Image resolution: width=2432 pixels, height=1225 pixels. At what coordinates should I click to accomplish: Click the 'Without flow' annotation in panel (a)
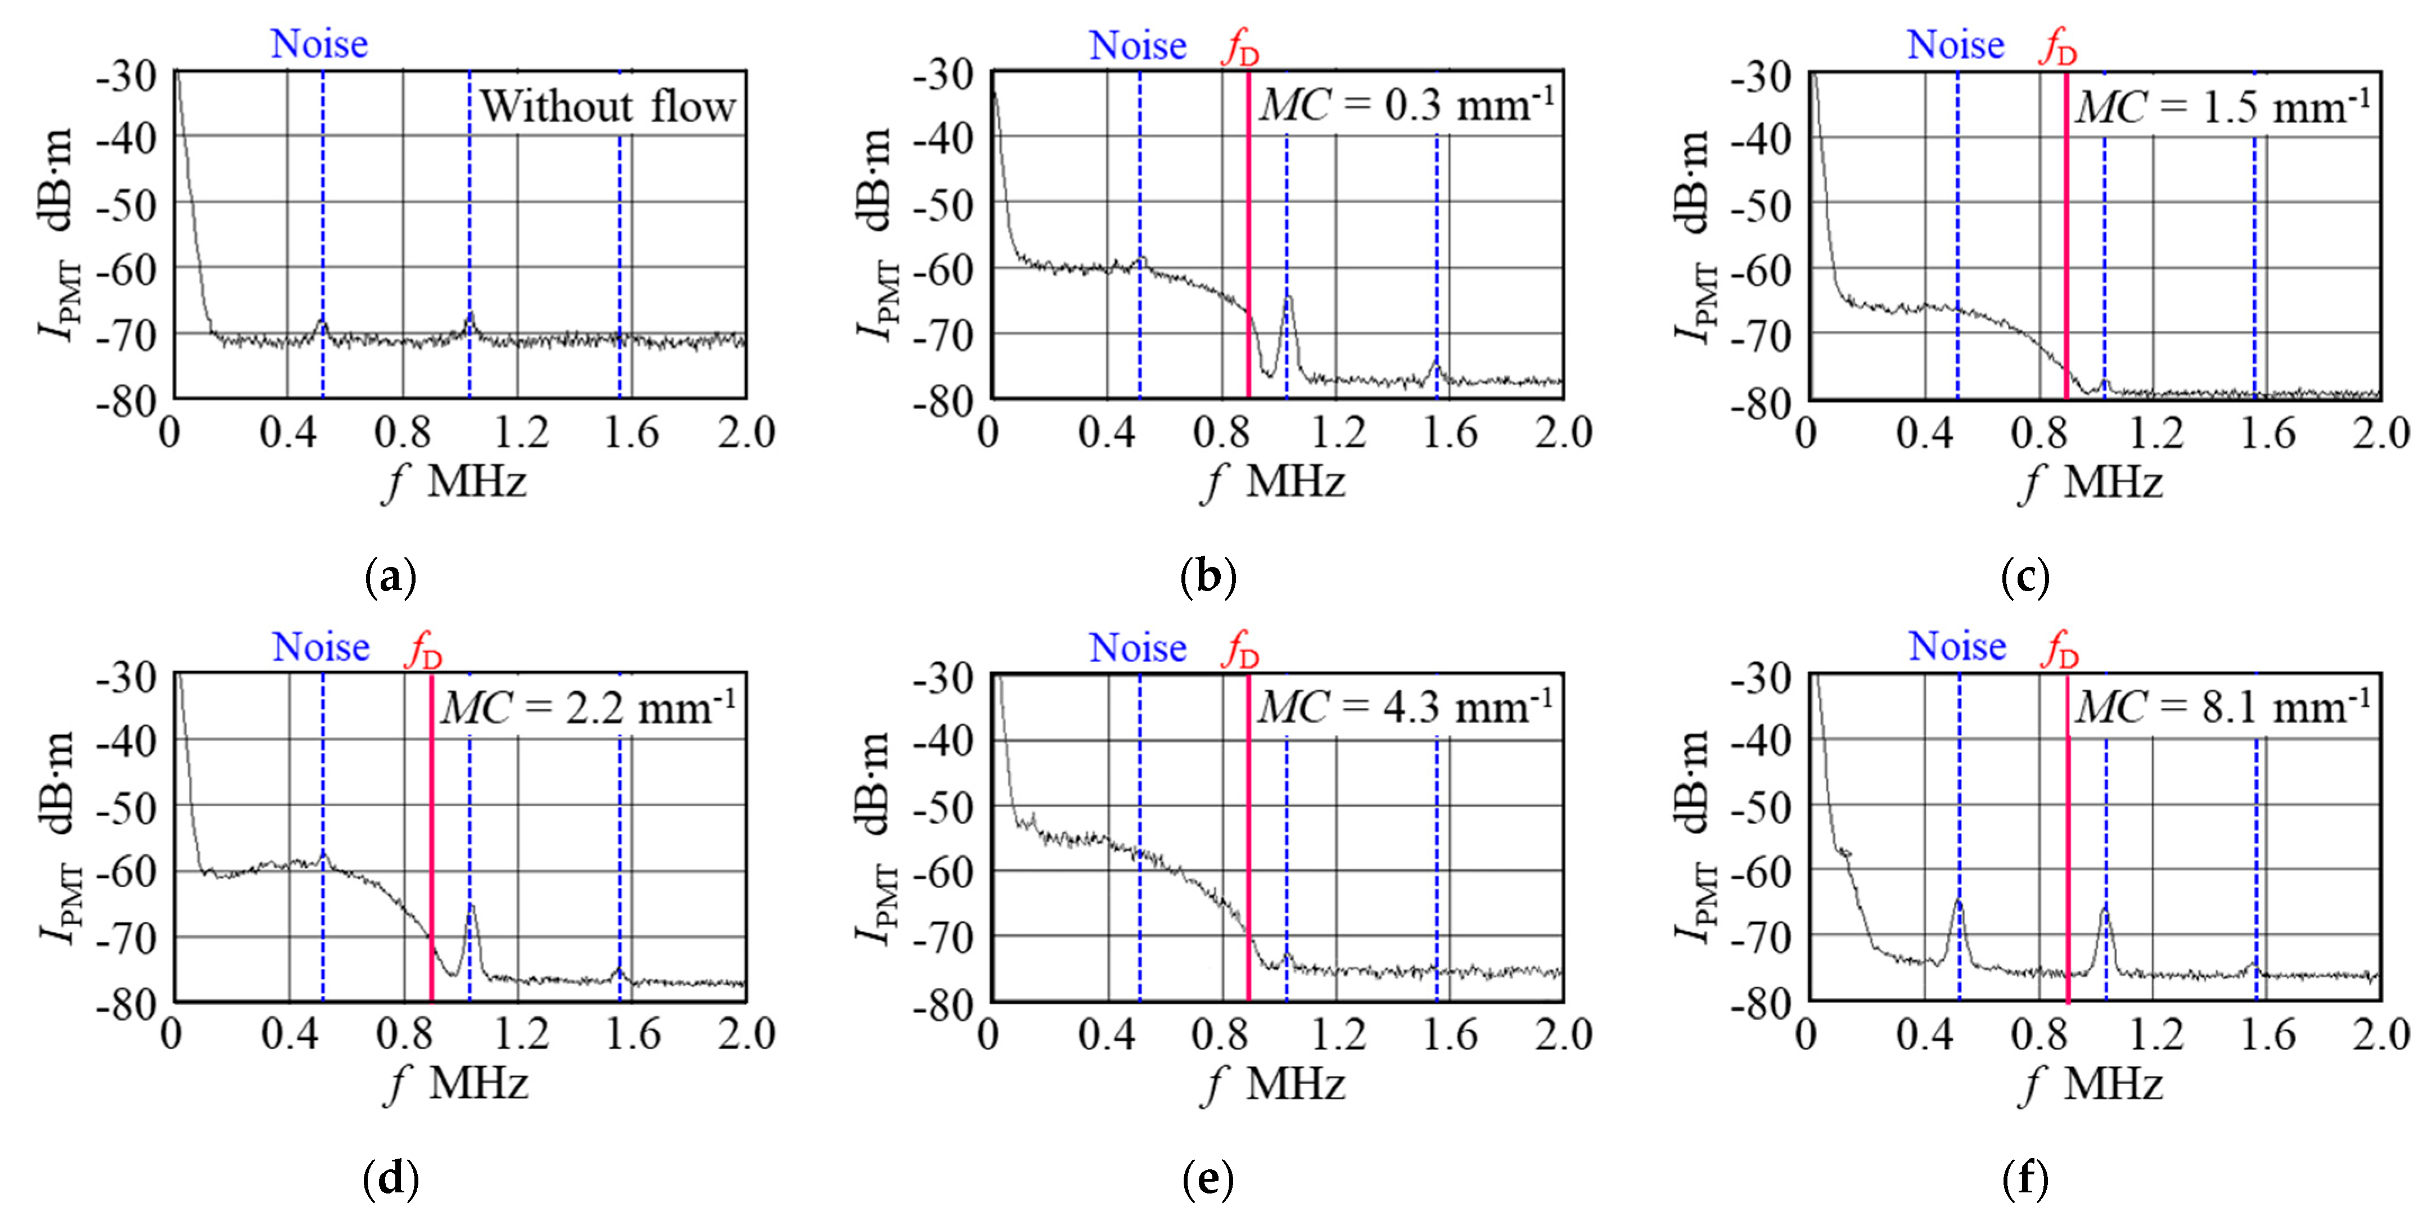pyautogui.click(x=607, y=106)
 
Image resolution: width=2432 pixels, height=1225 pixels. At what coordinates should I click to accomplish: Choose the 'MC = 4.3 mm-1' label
pyautogui.click(x=1405, y=706)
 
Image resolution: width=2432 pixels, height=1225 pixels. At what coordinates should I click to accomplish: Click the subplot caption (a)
pyautogui.click(x=390, y=576)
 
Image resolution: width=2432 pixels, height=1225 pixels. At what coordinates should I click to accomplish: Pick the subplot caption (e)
pyautogui.click(x=1207, y=1179)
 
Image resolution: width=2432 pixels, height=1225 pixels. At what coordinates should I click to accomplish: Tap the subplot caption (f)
pyautogui.click(x=2025, y=1179)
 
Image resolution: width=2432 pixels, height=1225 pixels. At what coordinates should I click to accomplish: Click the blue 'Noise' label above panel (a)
pyautogui.click(x=319, y=43)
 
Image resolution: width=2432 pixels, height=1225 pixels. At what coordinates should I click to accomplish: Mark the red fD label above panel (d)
pyautogui.click(x=424, y=649)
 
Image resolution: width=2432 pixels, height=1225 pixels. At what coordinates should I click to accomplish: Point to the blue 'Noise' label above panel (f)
pyautogui.click(x=1957, y=647)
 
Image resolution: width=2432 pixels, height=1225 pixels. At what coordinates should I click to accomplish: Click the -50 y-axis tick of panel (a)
pyautogui.click(x=127, y=205)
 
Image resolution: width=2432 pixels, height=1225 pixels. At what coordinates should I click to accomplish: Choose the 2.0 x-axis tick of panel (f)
pyautogui.click(x=2381, y=1035)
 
